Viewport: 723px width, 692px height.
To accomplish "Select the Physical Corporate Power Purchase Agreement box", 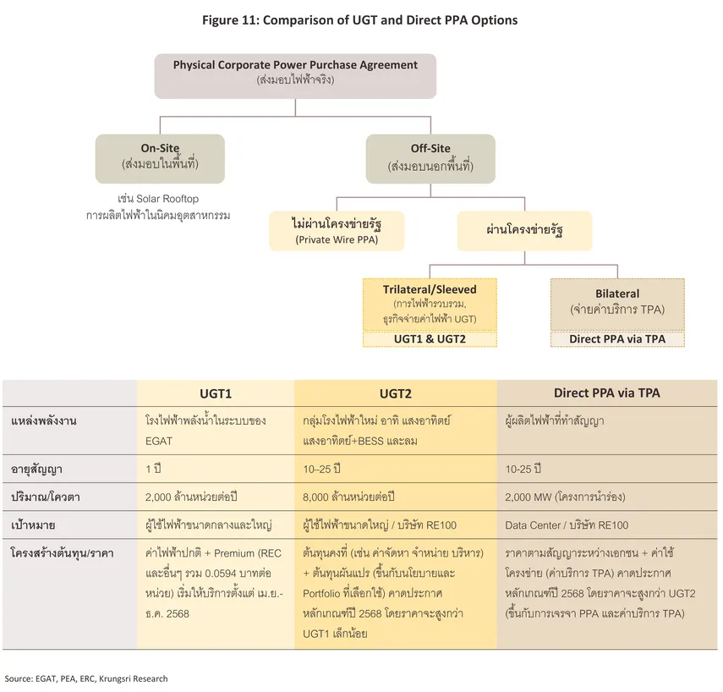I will click(295, 74).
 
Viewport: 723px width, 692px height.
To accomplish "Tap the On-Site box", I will click(160, 157).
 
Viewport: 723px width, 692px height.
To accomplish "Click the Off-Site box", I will click(430, 157).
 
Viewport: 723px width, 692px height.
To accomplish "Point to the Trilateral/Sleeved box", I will click(430, 304).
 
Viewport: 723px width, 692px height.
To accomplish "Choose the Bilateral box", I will click(617, 302).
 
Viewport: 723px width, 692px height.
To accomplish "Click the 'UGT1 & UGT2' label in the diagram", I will click(430, 339).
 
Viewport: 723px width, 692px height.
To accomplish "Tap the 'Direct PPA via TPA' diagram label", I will click(617, 339).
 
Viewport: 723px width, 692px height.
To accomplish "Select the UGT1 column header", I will click(216, 393).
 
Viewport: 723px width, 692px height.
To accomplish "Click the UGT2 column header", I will click(395, 393).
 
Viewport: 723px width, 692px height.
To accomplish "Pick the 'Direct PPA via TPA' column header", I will click(607, 393).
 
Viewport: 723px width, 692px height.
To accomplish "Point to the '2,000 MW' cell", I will click(564, 497).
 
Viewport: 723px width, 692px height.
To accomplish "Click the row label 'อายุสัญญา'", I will click(36, 468).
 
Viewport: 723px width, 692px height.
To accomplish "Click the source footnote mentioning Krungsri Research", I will click(86, 678).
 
